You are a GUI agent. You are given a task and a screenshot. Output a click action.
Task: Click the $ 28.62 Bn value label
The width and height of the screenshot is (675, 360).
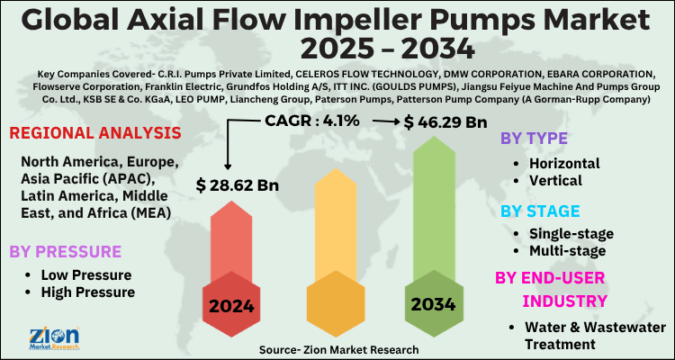238,186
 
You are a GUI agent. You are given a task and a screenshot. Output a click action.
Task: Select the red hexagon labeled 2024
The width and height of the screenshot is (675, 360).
232,304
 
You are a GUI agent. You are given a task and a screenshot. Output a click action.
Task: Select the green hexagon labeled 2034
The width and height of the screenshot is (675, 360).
435,304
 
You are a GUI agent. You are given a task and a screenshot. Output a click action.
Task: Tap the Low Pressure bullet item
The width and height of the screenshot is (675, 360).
86,274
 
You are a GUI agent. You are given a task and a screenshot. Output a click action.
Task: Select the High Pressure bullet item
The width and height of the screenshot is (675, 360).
88,292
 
